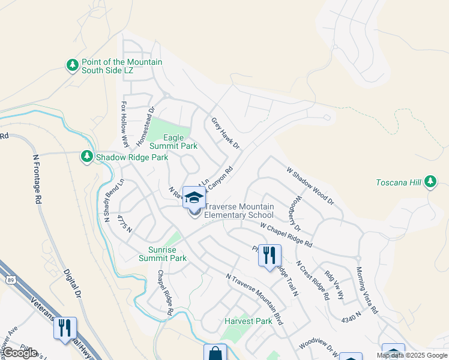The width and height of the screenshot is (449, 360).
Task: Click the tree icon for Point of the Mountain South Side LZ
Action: click(x=73, y=65)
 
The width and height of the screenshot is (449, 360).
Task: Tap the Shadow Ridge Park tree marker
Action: click(x=87, y=157)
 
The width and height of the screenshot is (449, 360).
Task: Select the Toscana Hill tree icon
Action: click(x=430, y=181)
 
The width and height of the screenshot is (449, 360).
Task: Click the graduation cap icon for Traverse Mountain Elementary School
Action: click(x=194, y=197)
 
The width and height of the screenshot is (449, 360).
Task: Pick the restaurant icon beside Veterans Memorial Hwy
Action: click(x=65, y=328)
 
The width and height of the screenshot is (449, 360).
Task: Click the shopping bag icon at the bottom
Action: click(x=215, y=353)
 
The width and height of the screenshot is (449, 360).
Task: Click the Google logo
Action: click(x=19, y=353)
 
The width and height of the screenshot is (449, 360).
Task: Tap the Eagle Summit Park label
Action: click(x=173, y=142)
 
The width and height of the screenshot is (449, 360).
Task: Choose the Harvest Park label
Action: click(x=249, y=321)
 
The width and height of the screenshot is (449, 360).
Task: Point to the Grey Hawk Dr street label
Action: click(x=225, y=133)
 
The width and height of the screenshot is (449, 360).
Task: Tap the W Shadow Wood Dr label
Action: click(x=310, y=187)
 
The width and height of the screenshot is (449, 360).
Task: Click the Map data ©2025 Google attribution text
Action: click(x=412, y=355)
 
